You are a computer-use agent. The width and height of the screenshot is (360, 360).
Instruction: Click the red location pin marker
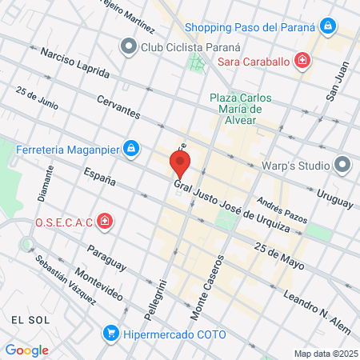(180, 166)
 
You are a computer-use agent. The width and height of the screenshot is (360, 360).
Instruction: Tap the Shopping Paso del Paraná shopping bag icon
(327, 26)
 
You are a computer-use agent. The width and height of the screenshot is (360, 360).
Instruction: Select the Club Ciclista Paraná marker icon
(128, 46)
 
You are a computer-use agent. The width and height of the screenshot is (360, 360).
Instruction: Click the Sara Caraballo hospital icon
(302, 60)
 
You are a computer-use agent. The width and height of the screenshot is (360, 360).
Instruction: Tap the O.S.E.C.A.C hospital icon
(104, 220)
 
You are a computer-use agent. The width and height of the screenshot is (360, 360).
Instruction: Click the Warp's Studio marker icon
(343, 166)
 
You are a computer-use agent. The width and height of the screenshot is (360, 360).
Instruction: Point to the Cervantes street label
(121, 106)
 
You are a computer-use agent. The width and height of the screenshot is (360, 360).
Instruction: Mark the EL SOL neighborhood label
(27, 318)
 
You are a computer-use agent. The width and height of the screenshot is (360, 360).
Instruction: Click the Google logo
(26, 350)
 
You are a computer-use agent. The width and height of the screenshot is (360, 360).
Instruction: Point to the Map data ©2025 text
(325, 354)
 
